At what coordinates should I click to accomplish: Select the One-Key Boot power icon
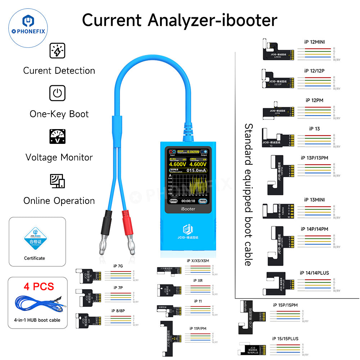(x=57, y=93)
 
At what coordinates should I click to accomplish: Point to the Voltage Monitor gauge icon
(x=57, y=137)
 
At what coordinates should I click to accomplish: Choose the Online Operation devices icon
(x=57, y=181)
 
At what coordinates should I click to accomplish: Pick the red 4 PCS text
(x=39, y=286)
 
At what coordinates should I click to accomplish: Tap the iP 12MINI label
(x=314, y=42)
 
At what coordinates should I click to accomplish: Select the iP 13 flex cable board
(x=277, y=138)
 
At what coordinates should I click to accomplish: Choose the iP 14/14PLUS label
(x=314, y=273)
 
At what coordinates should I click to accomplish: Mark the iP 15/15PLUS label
(x=285, y=338)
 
